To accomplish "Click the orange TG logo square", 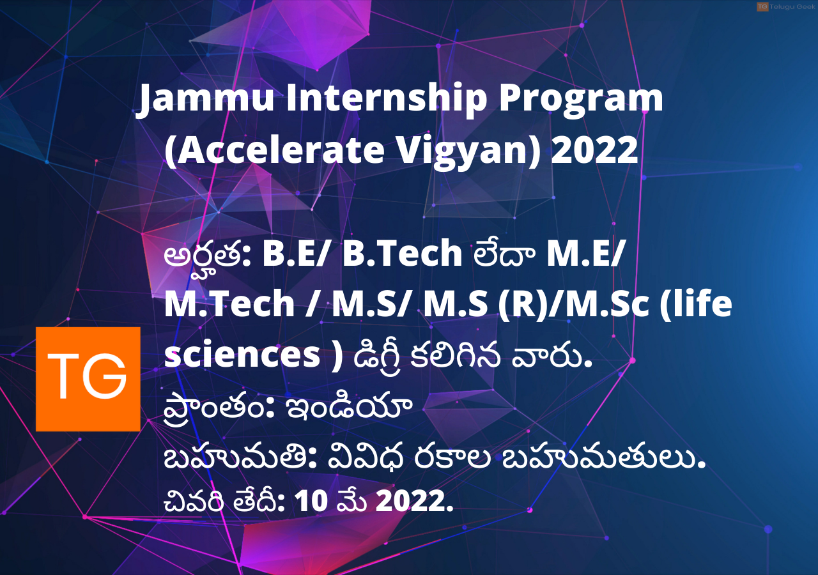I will coord(88,379).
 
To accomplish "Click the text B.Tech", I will coord(403,254).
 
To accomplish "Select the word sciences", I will coord(242,355).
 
